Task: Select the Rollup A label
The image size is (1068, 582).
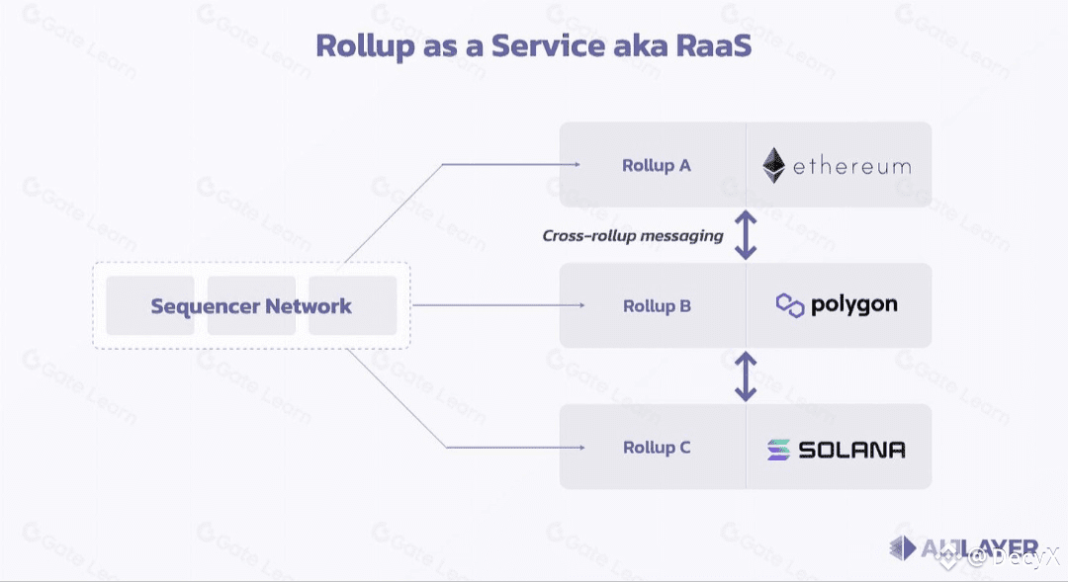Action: (x=656, y=165)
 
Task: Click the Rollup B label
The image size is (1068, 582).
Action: (x=657, y=306)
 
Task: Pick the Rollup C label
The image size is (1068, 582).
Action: (x=657, y=448)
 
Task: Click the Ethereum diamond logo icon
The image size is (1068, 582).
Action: (x=774, y=165)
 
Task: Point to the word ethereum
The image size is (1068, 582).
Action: (x=851, y=166)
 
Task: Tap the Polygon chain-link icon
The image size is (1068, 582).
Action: (x=790, y=305)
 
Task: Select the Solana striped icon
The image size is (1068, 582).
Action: (x=779, y=450)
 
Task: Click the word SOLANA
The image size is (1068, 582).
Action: (x=851, y=450)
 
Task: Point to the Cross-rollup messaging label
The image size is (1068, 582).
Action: (x=633, y=236)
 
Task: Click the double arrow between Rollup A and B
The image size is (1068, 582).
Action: (x=746, y=235)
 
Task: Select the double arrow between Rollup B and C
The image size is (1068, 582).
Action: (x=746, y=376)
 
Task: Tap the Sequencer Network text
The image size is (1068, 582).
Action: (x=251, y=306)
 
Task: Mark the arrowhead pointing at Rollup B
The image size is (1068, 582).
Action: (x=581, y=305)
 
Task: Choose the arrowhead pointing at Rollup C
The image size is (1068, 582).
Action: (x=581, y=448)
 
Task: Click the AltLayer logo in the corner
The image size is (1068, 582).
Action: (x=964, y=548)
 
